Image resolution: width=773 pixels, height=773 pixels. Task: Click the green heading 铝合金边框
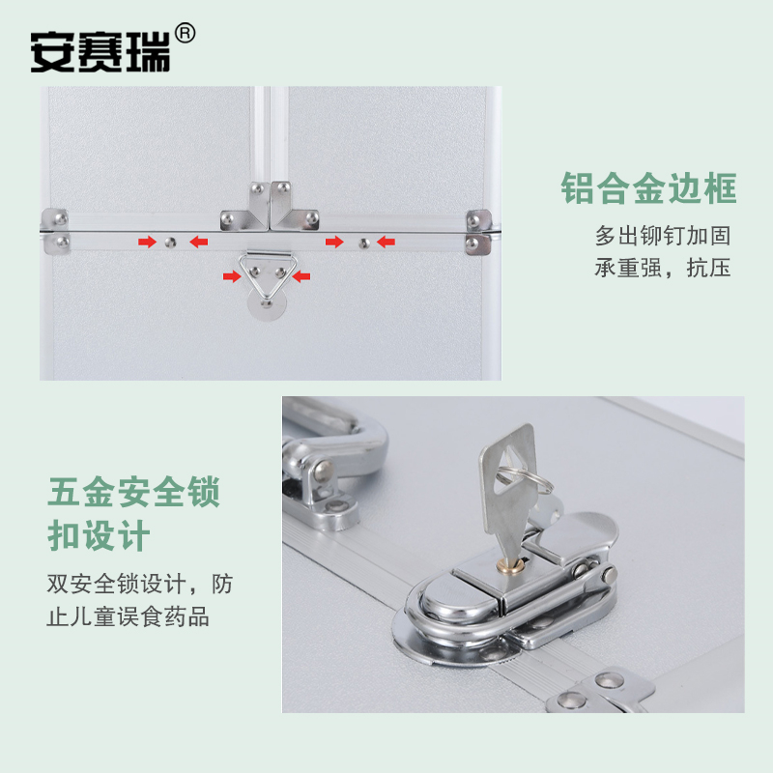tap(648, 188)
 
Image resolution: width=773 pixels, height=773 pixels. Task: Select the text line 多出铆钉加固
tap(662, 235)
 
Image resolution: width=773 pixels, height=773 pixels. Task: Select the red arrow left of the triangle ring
tap(232, 277)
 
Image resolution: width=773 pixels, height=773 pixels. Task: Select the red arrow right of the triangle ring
tap(301, 277)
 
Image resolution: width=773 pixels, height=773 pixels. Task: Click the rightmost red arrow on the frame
tap(386, 241)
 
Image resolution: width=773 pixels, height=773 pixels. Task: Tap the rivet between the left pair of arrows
tap(172, 241)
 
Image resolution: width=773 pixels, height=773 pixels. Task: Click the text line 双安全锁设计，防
tap(140, 585)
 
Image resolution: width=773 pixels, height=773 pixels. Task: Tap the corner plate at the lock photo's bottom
tap(599, 692)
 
